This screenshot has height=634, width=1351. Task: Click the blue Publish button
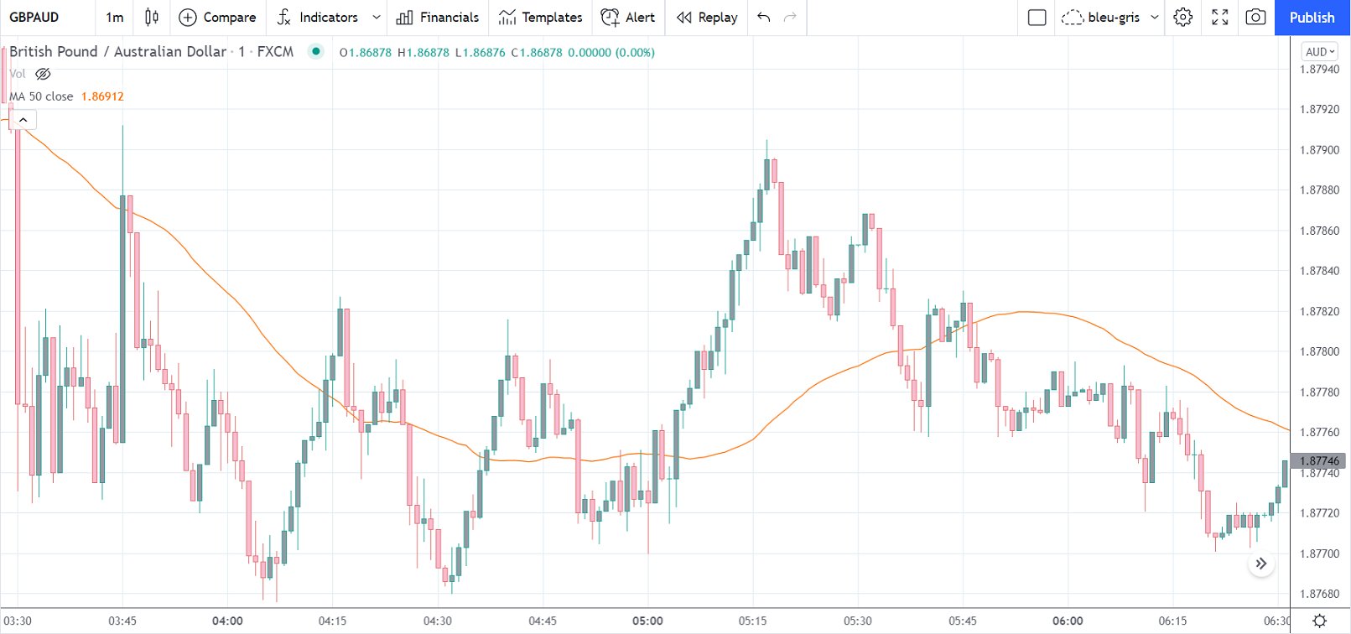point(1312,18)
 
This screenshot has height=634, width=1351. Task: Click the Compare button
point(218,18)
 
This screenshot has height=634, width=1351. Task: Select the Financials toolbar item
point(438,18)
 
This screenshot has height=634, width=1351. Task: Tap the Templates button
point(540,18)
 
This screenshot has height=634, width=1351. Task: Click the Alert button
point(628,18)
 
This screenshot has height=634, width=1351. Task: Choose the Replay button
point(707,18)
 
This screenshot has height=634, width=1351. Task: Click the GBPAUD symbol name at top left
point(34,18)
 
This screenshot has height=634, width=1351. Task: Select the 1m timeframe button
point(115,18)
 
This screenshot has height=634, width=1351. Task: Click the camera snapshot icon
point(1255,18)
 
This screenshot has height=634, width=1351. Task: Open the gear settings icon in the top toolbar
point(1183,18)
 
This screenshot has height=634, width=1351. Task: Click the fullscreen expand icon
point(1220,18)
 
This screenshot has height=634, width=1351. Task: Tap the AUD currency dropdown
point(1320,52)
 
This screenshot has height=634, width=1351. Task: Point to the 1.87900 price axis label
point(1319,150)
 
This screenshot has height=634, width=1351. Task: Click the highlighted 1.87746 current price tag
point(1319,460)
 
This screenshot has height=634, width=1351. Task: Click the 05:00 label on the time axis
point(647,621)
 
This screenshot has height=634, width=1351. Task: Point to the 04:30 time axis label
point(438,621)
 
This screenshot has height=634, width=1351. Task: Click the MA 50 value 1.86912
point(102,96)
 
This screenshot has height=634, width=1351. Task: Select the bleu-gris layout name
point(1113,18)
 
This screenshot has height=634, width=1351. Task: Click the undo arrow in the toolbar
point(763,18)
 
